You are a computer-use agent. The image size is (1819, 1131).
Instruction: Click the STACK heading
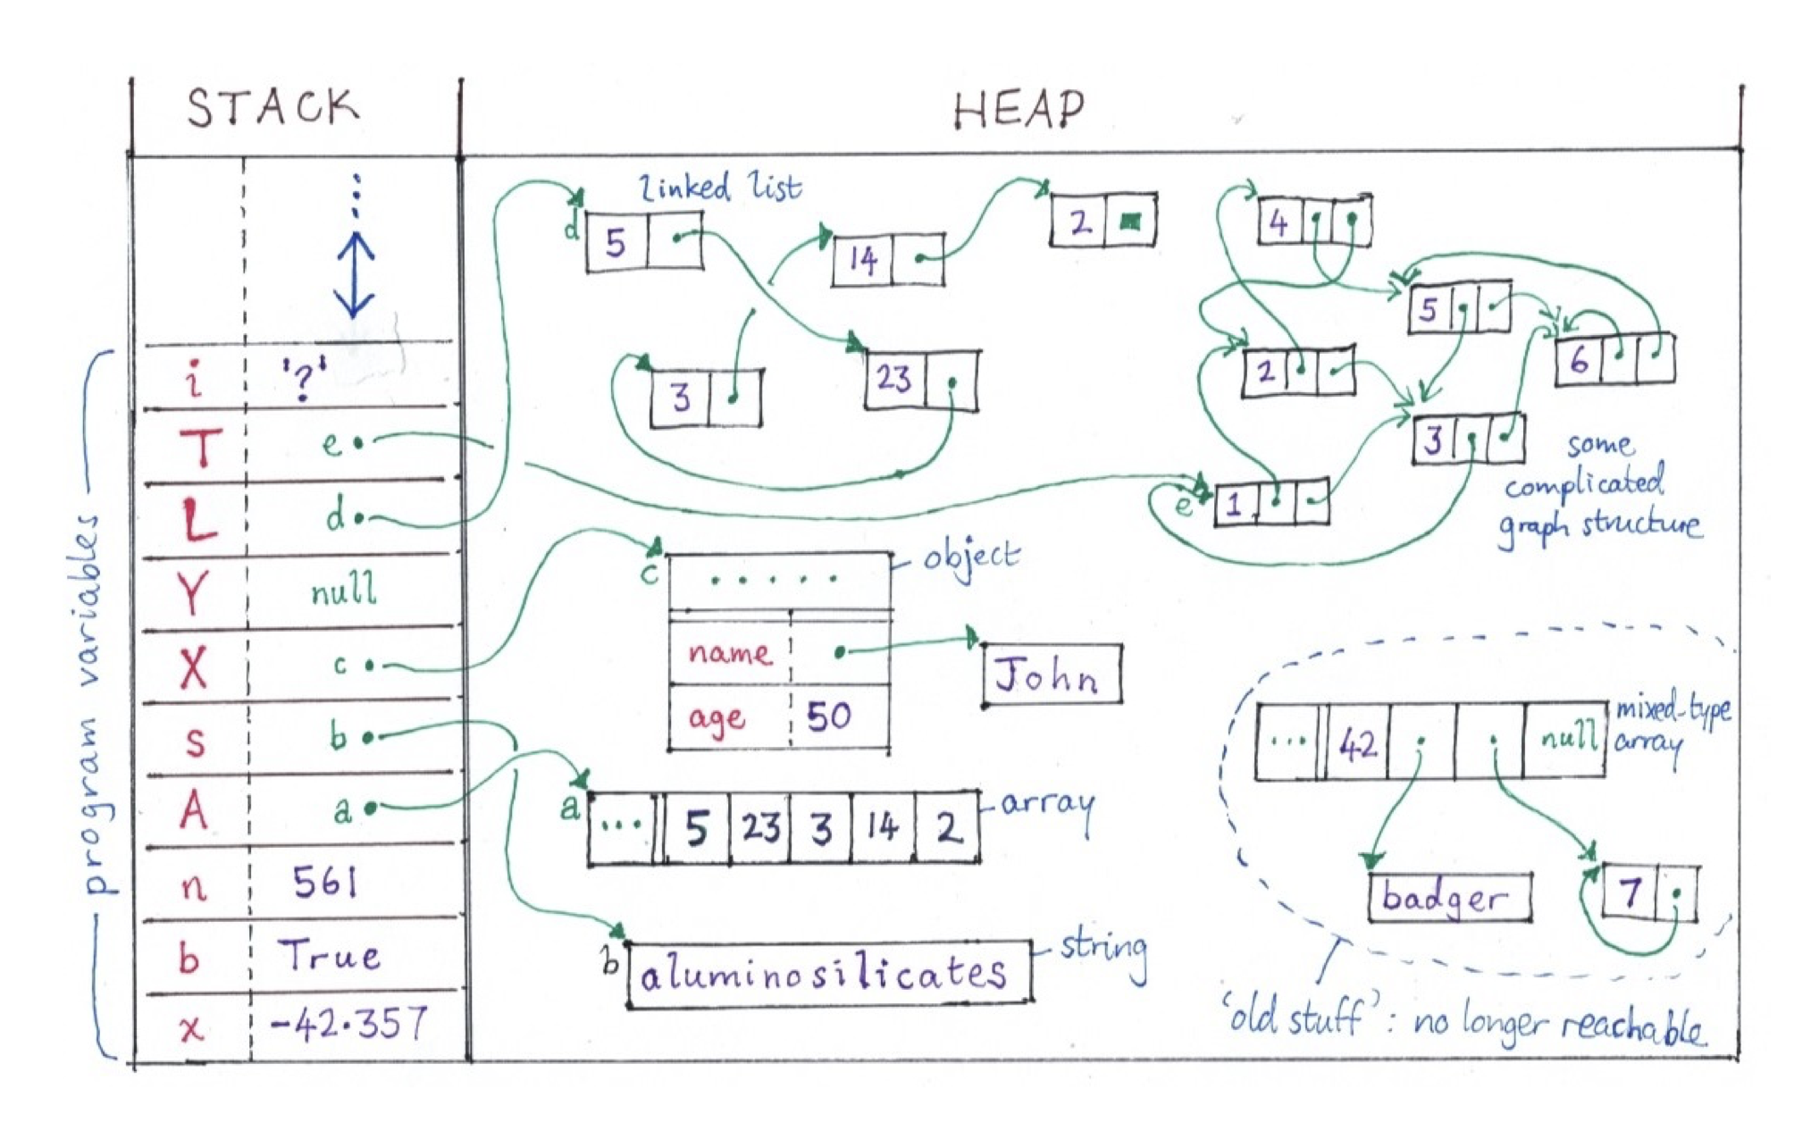(272, 108)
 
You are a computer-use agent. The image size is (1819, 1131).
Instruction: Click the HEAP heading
(1018, 111)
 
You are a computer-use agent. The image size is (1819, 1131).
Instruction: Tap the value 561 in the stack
(325, 883)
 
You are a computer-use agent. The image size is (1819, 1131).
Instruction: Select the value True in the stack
(331, 956)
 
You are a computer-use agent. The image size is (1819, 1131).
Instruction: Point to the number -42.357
(348, 1024)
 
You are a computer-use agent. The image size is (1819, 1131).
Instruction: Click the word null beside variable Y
(344, 591)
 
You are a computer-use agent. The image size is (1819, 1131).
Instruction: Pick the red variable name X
(194, 666)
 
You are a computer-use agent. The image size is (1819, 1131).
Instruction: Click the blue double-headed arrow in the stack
(355, 275)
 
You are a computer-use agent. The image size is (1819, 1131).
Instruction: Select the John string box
(1052, 675)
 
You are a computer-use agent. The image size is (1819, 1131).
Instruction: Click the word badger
(1445, 897)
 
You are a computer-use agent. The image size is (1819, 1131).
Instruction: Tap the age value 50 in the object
(828, 716)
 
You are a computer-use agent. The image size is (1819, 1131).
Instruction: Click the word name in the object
(729, 652)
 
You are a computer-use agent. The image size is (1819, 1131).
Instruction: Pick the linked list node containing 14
(887, 260)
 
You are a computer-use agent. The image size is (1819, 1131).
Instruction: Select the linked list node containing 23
(921, 380)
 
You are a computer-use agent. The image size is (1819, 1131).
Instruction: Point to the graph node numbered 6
(1614, 360)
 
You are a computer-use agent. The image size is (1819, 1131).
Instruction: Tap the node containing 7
(1649, 892)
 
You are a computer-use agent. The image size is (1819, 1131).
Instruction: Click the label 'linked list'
(720, 188)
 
